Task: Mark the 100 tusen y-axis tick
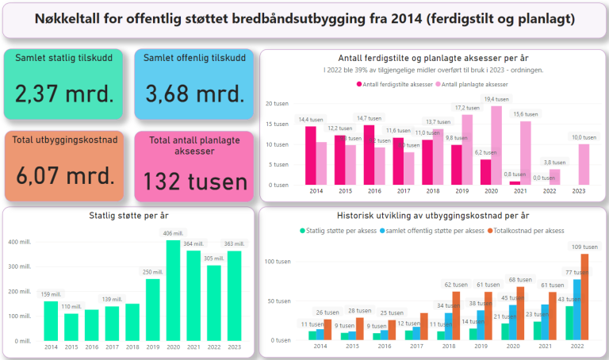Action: click(x=278, y=261)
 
